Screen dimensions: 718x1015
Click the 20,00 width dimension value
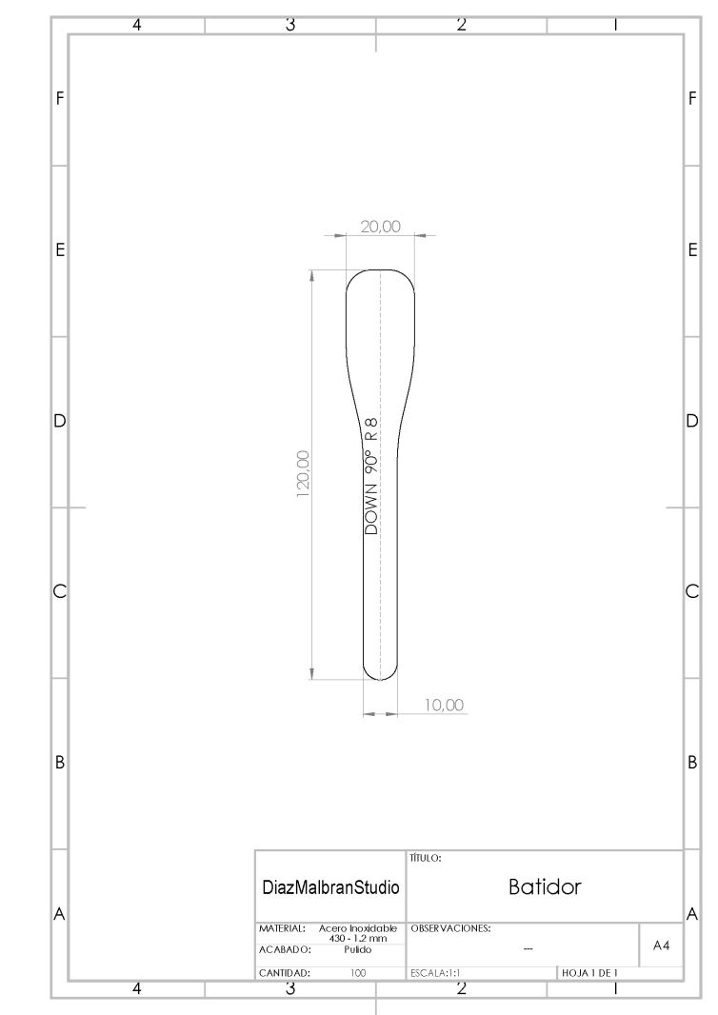[381, 227]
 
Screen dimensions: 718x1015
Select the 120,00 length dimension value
[303, 474]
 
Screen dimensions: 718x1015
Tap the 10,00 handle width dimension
[444, 705]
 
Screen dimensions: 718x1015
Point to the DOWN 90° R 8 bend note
[371, 476]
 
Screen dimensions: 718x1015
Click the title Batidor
[545, 886]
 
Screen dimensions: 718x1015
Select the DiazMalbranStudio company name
[330, 887]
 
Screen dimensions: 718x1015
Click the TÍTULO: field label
[426, 858]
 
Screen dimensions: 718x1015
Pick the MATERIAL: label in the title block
[282, 928]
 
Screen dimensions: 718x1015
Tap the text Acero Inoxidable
[358, 928]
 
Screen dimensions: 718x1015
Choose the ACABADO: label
[286, 950]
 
